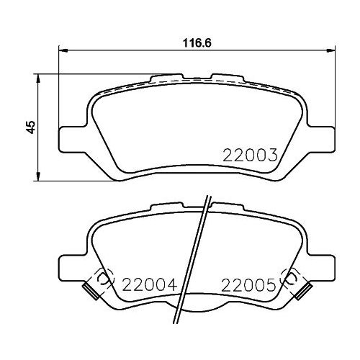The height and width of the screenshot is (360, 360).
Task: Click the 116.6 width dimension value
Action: point(197,43)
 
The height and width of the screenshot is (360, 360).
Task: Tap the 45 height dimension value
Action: point(31,127)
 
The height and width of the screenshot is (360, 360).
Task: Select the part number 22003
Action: point(250,155)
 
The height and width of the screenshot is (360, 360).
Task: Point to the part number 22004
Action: point(149,284)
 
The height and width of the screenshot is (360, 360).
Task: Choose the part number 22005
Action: point(248,285)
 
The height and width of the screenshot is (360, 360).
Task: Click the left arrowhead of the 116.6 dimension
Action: point(63,50)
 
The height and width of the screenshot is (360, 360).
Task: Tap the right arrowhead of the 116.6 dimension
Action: point(330,50)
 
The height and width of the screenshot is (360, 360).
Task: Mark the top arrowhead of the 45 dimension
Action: point(38,78)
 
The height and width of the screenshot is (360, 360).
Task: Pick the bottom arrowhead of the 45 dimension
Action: point(38,176)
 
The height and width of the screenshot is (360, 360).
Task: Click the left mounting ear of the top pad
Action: point(72,139)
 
